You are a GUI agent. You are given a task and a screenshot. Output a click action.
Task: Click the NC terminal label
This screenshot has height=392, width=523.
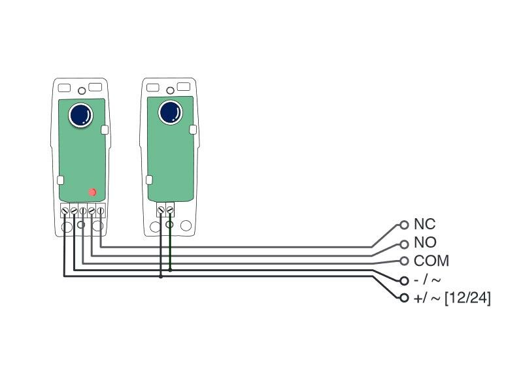(x=424, y=225)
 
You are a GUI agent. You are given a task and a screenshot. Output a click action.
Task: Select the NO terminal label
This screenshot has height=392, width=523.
(x=425, y=243)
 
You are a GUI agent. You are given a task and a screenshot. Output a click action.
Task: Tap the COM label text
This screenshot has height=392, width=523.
(x=431, y=261)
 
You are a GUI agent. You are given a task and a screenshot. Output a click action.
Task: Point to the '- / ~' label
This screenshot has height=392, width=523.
(x=427, y=280)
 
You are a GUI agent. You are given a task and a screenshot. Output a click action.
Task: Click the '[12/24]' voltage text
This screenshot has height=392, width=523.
(x=467, y=299)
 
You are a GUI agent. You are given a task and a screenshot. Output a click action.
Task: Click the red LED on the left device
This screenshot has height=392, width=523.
(x=92, y=192)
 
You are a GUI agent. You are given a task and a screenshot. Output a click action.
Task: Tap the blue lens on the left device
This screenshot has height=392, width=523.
(x=80, y=116)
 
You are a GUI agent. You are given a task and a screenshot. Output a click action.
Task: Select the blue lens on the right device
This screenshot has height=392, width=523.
(x=171, y=112)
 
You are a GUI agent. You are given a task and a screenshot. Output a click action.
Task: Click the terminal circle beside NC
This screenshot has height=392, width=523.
(x=404, y=225)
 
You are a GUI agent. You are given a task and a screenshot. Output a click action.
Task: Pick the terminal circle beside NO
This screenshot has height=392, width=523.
(x=404, y=244)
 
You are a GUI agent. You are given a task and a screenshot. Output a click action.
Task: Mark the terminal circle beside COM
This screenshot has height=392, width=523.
(x=404, y=261)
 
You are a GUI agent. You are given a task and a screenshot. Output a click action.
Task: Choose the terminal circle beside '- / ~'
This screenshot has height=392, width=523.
(x=404, y=281)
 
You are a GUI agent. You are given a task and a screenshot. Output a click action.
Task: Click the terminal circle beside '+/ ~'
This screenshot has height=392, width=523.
(x=404, y=299)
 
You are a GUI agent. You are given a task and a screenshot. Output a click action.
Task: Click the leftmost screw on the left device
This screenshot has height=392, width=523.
(x=65, y=210)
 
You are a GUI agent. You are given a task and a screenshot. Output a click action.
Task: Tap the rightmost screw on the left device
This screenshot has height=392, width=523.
(x=100, y=210)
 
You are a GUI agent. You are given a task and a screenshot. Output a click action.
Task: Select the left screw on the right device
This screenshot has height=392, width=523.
(x=161, y=210)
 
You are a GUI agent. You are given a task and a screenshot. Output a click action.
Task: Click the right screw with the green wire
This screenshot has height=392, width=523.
(x=170, y=210)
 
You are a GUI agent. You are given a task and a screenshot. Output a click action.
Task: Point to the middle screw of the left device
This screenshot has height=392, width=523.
(x=82, y=210)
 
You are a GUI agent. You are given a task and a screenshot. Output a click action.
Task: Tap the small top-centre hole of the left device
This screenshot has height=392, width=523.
(x=81, y=91)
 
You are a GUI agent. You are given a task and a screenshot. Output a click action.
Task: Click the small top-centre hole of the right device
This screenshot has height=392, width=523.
(x=170, y=90)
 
